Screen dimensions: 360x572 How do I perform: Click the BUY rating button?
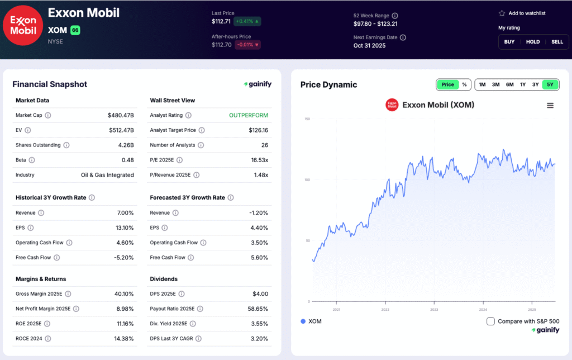click(x=509, y=42)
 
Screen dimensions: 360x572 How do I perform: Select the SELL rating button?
click(x=557, y=42)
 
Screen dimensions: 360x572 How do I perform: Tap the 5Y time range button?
click(x=550, y=84)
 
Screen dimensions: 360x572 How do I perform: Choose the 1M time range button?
click(x=482, y=84)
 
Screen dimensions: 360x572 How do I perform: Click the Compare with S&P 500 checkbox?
click(x=490, y=321)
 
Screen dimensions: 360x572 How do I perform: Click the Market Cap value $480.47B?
click(x=121, y=115)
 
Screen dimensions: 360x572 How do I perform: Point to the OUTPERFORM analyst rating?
click(x=249, y=115)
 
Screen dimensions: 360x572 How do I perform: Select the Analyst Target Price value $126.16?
click(x=258, y=130)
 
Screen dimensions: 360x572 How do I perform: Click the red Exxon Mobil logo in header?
click(x=23, y=25)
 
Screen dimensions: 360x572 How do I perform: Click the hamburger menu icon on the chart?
click(x=550, y=106)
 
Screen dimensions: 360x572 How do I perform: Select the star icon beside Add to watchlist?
click(x=502, y=13)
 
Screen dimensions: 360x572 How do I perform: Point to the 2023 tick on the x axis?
click(x=434, y=309)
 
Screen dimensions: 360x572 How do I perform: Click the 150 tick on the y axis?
click(x=307, y=119)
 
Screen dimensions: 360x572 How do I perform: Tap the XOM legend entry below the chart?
click(x=311, y=321)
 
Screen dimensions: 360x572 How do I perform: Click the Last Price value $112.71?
click(x=221, y=22)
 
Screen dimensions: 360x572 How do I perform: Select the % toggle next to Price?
click(x=464, y=84)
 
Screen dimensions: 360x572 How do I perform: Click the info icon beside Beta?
click(x=31, y=160)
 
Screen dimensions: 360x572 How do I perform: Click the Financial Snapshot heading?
click(x=50, y=84)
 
